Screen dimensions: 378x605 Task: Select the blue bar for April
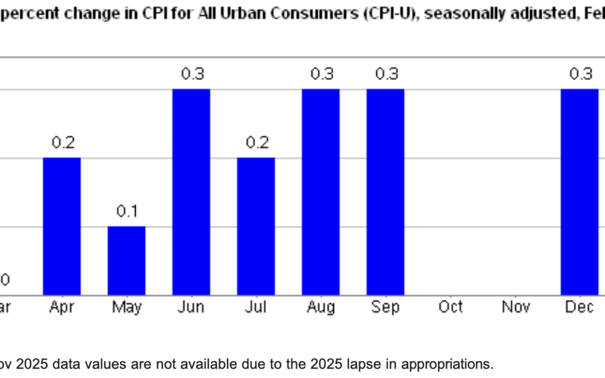pyautogui.click(x=62, y=226)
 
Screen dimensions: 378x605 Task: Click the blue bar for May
pyautogui.click(x=127, y=260)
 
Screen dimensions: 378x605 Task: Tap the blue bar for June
pyautogui.click(x=191, y=192)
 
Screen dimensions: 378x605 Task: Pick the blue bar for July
pyautogui.click(x=256, y=226)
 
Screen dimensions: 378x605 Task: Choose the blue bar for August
pyautogui.click(x=320, y=192)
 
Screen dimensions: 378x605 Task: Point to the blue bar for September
pyautogui.click(x=385, y=192)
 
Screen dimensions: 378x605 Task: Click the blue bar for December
pyautogui.click(x=580, y=192)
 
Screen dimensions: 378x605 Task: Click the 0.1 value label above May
pyautogui.click(x=127, y=211)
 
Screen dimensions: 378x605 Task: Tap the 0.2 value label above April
pyautogui.click(x=63, y=143)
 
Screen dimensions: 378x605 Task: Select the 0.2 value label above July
pyautogui.click(x=257, y=143)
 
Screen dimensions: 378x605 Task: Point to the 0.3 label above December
pyautogui.click(x=580, y=74)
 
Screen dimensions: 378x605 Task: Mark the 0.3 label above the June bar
pyautogui.click(x=192, y=74)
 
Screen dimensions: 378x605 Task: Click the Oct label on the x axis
pyautogui.click(x=450, y=307)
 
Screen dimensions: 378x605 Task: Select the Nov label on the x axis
pyautogui.click(x=515, y=307)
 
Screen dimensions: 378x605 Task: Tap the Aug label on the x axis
pyautogui.click(x=321, y=307)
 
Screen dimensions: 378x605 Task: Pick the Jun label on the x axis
pyautogui.click(x=192, y=307)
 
